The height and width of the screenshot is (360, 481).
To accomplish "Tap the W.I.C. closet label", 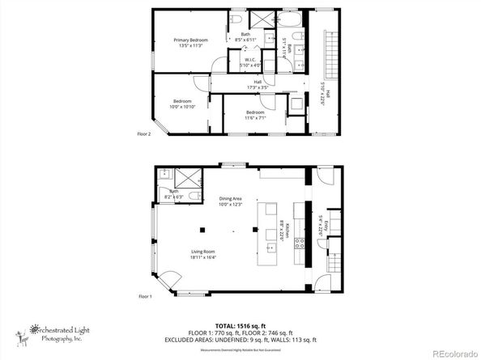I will tap(250, 63).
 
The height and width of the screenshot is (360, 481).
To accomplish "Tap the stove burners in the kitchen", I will tap(299, 243).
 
